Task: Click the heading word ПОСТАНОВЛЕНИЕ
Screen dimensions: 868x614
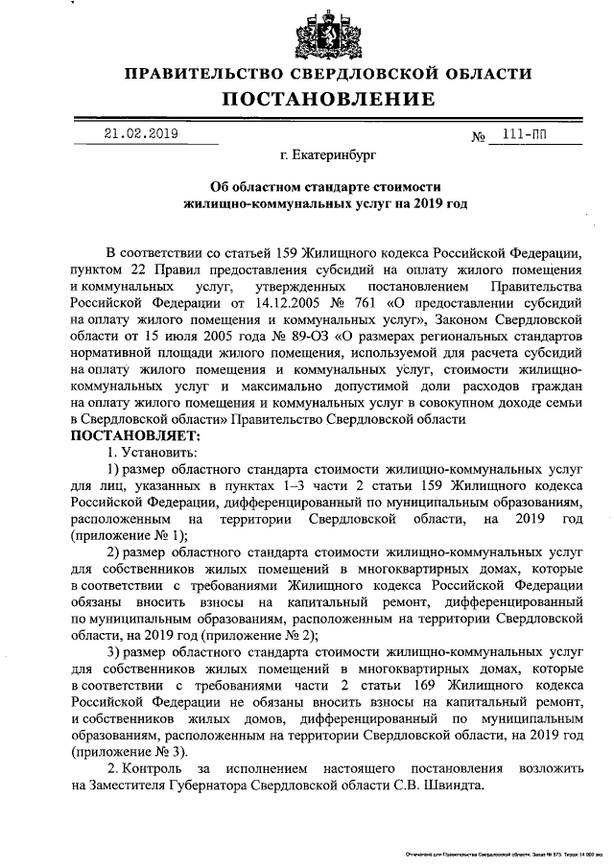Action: pos(328,100)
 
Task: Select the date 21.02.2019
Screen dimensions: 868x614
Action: pos(142,134)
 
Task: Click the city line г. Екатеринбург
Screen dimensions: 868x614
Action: pos(328,153)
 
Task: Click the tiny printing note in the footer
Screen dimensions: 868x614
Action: pos(499,853)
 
